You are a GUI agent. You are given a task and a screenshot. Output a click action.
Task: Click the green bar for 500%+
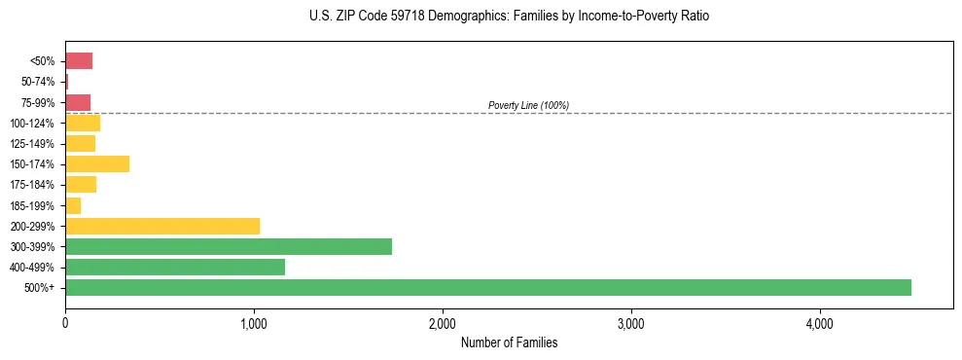[487, 287]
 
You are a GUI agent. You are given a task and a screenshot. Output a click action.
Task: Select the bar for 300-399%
[229, 246]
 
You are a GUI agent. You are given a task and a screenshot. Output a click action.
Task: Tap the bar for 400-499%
[175, 267]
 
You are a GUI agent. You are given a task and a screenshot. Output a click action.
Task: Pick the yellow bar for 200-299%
[162, 226]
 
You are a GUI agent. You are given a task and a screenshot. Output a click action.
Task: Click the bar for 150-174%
[97, 163]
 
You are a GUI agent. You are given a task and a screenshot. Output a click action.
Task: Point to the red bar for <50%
[79, 61]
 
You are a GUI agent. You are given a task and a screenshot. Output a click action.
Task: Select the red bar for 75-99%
[78, 102]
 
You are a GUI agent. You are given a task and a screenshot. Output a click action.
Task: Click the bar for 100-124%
[83, 123]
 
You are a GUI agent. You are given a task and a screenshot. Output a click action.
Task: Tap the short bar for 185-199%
[73, 205]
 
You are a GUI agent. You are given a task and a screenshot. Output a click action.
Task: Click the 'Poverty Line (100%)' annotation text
[528, 105]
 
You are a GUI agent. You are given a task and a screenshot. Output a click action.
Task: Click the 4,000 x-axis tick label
[819, 323]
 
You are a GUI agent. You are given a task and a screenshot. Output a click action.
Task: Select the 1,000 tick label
[253, 323]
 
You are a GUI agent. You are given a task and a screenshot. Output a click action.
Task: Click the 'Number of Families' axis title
[509, 342]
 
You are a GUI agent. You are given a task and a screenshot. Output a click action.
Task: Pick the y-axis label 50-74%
[37, 82]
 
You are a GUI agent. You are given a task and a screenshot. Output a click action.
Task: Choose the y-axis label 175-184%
[33, 185]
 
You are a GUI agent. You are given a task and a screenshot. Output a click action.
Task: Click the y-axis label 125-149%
[33, 144]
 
